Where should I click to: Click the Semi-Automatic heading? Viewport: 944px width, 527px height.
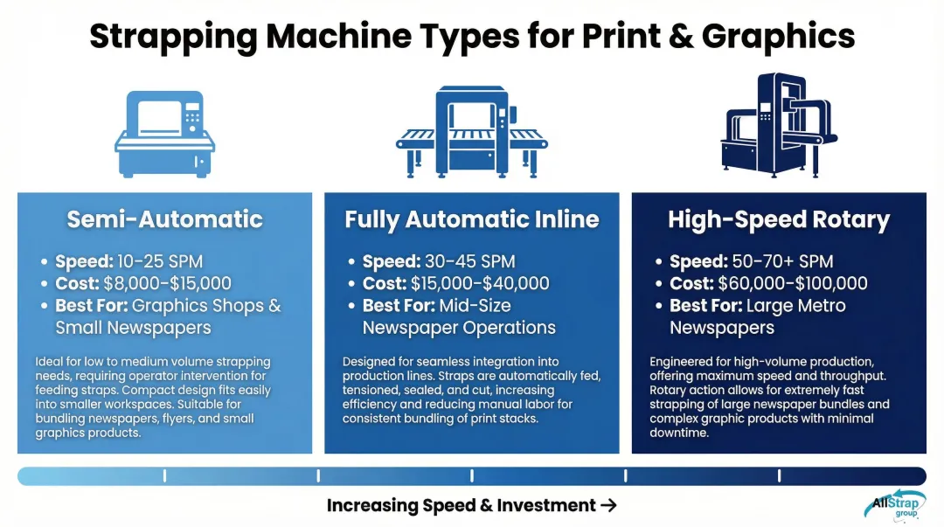[164, 218]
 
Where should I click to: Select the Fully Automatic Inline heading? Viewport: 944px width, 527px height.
[472, 218]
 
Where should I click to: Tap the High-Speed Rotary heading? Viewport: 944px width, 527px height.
[779, 218]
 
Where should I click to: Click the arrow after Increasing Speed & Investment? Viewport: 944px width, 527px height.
[609, 505]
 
